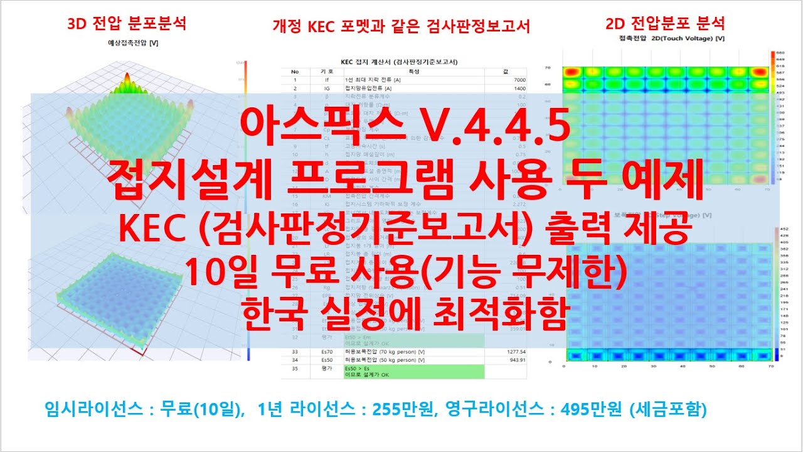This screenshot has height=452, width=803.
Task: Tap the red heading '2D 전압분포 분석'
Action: click(666, 24)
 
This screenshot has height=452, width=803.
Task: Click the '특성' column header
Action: click(414, 71)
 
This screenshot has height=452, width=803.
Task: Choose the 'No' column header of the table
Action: click(295, 71)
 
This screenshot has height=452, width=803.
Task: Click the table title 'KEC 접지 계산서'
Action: click(398, 62)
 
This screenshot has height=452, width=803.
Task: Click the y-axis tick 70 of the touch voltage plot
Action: click(548, 67)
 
